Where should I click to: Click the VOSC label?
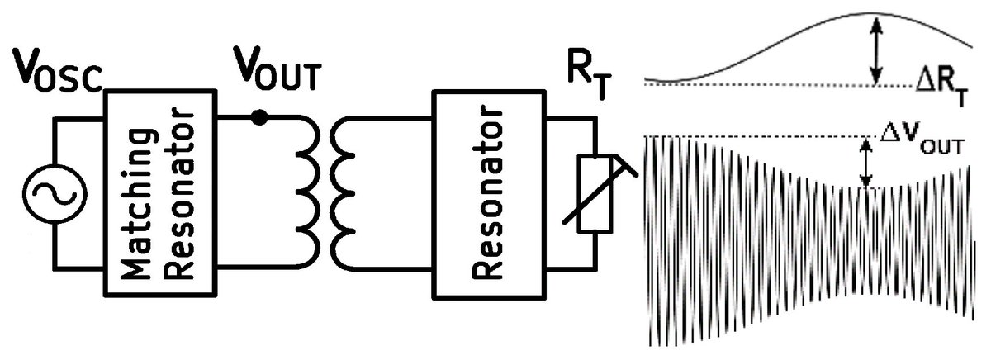click(x=56, y=72)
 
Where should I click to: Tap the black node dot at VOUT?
click(x=259, y=118)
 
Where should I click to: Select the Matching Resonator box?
click(x=158, y=191)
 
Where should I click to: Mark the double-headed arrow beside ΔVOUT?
click(x=865, y=162)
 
